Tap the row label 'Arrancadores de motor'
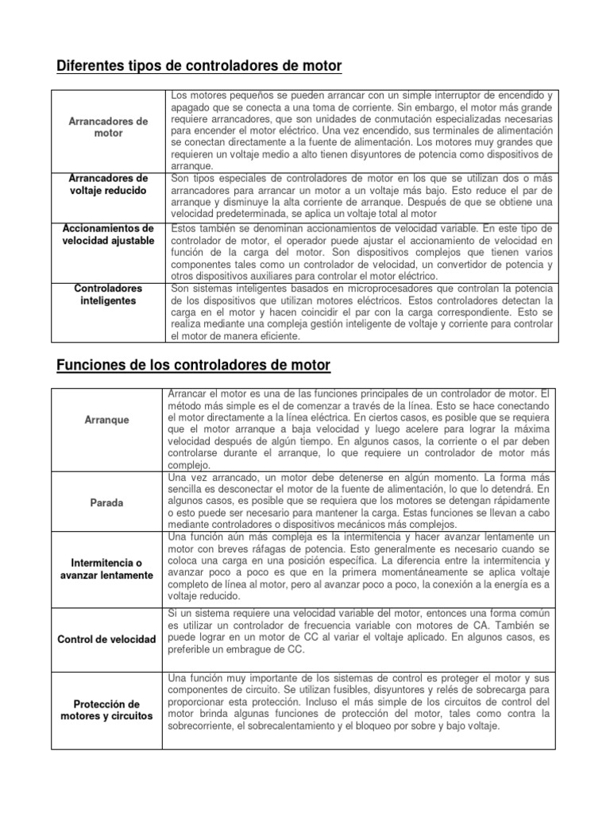(108, 127)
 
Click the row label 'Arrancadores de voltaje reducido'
(108, 184)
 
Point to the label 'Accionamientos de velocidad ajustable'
(108, 235)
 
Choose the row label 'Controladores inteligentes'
(108, 295)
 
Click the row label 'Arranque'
(107, 419)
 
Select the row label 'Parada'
(107, 503)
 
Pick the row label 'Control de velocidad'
(107, 639)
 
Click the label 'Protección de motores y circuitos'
(107, 711)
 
